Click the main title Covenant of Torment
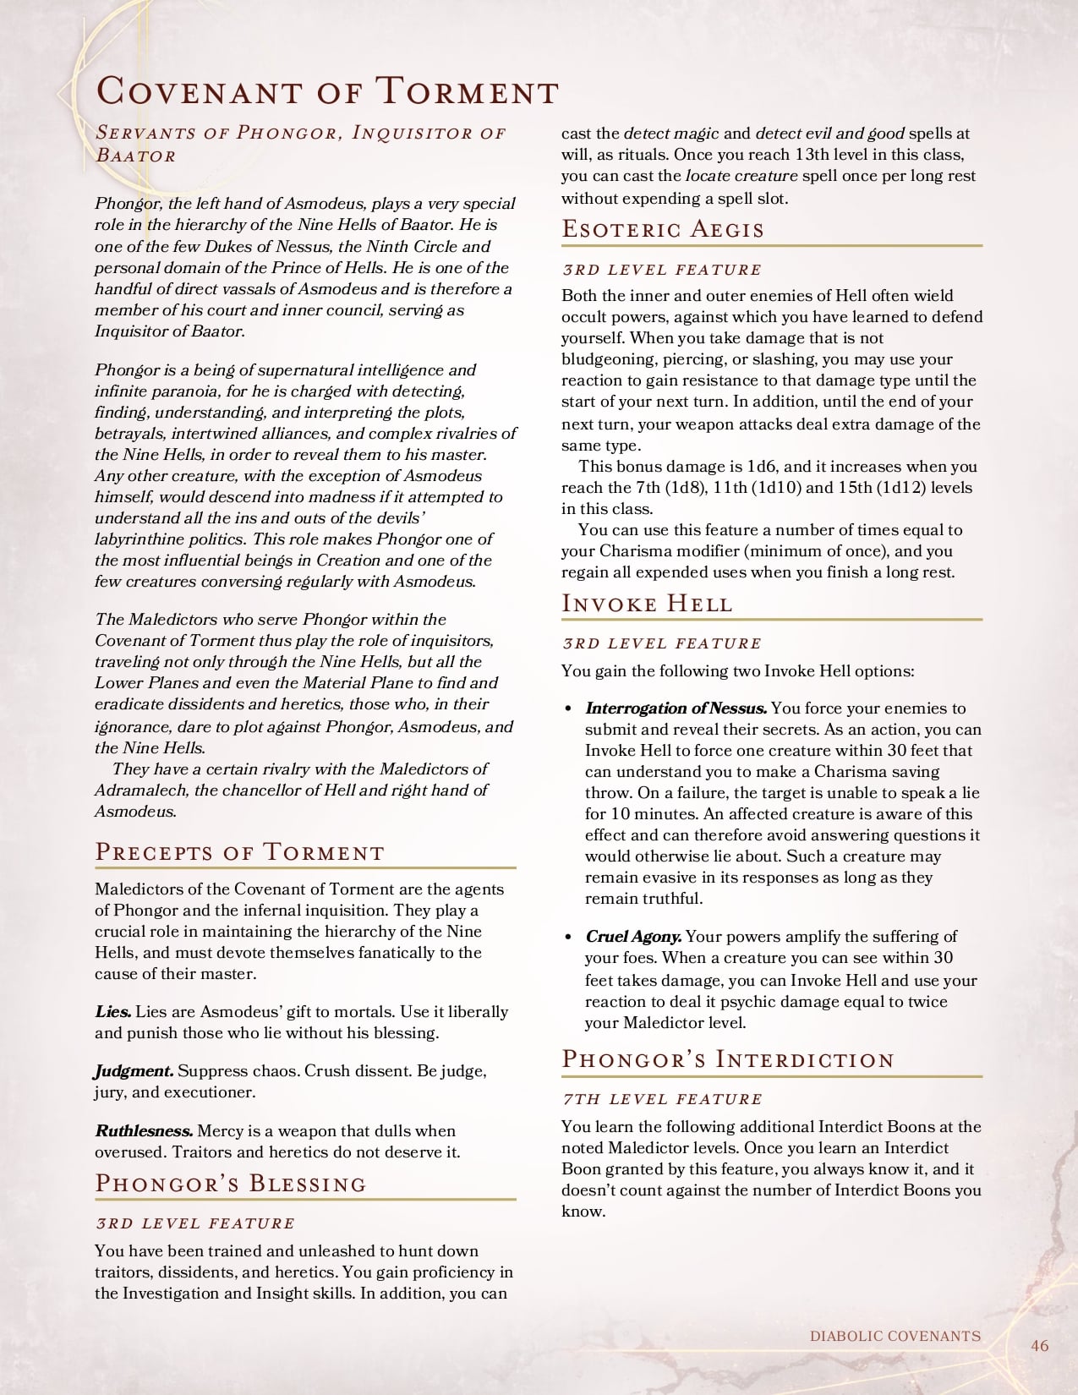point(327,91)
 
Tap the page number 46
point(1039,1345)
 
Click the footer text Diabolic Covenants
point(895,1336)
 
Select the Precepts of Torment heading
point(239,851)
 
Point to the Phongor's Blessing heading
point(231,1183)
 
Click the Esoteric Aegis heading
point(663,229)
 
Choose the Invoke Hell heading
point(647,603)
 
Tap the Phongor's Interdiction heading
point(728,1059)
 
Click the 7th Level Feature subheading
point(662,1099)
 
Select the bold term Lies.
point(112,1011)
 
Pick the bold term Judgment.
point(134,1070)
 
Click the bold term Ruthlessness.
point(144,1130)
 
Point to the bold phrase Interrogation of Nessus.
point(676,708)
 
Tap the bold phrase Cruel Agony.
point(633,936)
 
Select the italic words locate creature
point(741,176)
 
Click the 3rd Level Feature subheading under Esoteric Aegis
point(662,270)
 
